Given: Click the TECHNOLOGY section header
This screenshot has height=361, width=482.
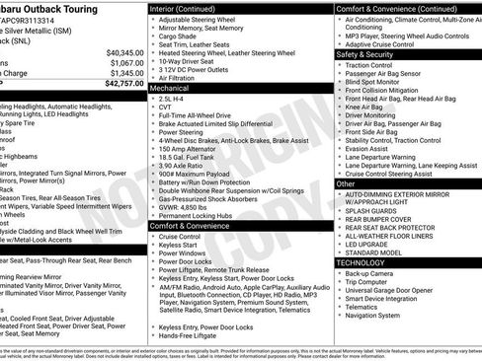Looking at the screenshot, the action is tap(361, 263).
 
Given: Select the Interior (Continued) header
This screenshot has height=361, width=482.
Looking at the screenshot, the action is tap(189, 8).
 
